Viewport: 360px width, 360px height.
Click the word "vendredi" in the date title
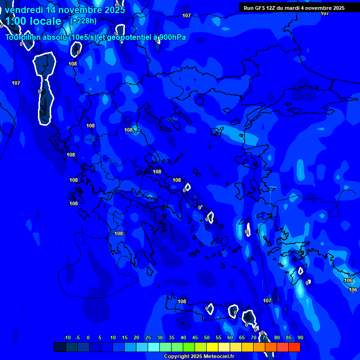pos(22,10)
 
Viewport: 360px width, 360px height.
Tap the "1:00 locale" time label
pos(33,21)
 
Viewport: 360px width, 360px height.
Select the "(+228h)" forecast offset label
pos(83,21)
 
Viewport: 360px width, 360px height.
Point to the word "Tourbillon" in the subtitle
pos(23,37)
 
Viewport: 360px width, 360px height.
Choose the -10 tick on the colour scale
pos(67,337)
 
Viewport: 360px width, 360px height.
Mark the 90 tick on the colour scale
pos(300,337)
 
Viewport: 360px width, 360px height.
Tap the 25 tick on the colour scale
pos(148,337)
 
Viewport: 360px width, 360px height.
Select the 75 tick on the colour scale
pos(265,337)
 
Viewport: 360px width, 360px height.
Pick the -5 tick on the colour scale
pos(77,337)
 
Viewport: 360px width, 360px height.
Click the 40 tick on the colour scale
pos(183,337)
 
